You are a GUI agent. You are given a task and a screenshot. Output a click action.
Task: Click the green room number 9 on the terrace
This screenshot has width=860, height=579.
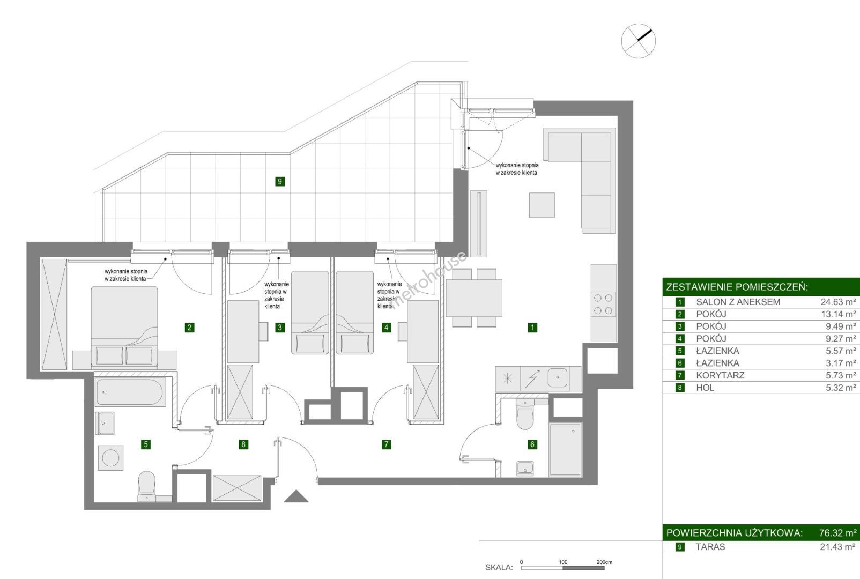(x=279, y=181)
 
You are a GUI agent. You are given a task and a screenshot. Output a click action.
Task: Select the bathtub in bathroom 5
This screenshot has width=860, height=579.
(x=130, y=393)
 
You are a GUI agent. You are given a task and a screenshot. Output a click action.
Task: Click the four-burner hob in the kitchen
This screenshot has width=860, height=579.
(x=603, y=304)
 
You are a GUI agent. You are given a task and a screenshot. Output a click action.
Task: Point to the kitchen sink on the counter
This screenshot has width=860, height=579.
(x=558, y=378)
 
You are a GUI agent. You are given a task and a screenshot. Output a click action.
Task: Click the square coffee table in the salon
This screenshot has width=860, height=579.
(x=542, y=205)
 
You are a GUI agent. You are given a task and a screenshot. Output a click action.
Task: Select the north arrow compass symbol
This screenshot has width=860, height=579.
(x=638, y=40)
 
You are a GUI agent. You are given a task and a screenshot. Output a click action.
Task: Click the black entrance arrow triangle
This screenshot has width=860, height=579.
(x=296, y=496)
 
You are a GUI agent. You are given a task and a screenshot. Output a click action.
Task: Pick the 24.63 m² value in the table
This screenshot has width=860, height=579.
(x=838, y=302)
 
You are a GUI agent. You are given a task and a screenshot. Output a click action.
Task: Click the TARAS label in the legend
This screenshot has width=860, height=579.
(x=710, y=547)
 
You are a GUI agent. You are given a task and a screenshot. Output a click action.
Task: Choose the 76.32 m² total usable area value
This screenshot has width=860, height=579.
(x=837, y=533)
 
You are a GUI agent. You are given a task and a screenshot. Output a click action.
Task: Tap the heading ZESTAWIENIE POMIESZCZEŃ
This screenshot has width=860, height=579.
(x=736, y=287)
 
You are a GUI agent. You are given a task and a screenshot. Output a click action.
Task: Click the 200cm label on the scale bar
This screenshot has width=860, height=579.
(x=604, y=562)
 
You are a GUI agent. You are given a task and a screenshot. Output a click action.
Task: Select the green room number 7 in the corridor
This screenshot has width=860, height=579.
(x=386, y=444)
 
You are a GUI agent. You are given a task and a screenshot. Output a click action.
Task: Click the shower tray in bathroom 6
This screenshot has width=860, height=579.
(x=565, y=449)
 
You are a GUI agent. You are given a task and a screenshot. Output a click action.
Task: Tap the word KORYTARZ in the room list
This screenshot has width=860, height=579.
(x=720, y=375)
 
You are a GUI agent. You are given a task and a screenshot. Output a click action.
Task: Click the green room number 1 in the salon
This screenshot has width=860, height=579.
(x=532, y=327)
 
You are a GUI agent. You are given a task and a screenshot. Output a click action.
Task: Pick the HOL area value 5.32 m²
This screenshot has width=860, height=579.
(x=840, y=388)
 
